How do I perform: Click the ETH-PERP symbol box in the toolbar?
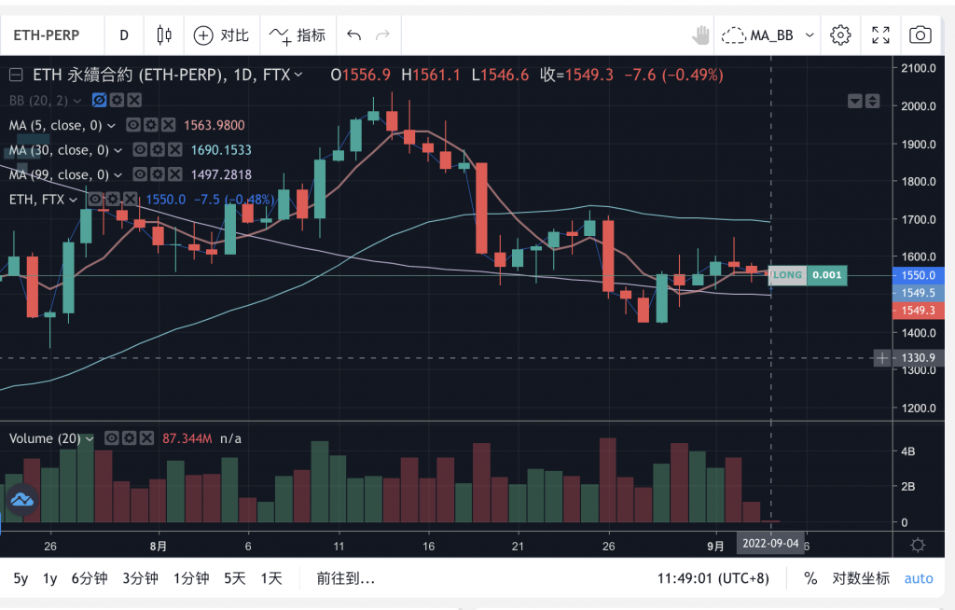pos(47,35)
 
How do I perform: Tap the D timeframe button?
pos(124,35)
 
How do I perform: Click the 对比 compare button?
pos(222,35)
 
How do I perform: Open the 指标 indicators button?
pos(298,35)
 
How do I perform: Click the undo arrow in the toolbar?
pos(353,35)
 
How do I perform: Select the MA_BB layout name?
pos(771,35)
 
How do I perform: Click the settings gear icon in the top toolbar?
pos(840,35)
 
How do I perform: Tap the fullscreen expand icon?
pos(880,35)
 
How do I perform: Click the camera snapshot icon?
pos(920,35)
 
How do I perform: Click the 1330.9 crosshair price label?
pos(918,358)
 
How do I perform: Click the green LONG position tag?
pos(788,275)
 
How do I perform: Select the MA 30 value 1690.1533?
pos(221,149)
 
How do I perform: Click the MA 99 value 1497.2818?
pos(221,174)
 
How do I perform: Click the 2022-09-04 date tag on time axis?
pos(769,544)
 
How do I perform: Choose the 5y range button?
pos(21,578)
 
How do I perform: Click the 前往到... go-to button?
pos(345,578)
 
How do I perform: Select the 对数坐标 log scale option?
pos(861,578)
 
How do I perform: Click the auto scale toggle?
pos(919,578)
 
